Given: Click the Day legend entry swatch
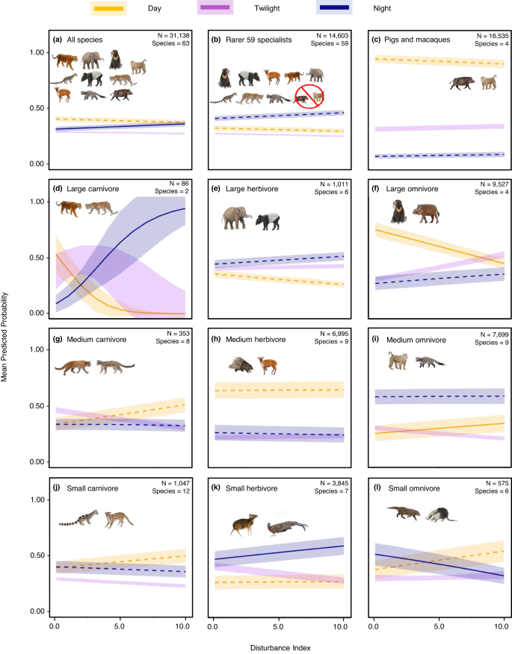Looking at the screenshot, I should click(108, 8).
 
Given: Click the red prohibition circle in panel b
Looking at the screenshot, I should click(309, 96).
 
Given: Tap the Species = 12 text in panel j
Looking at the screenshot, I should click(168, 499).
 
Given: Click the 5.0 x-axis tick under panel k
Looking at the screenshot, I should click(278, 623).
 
